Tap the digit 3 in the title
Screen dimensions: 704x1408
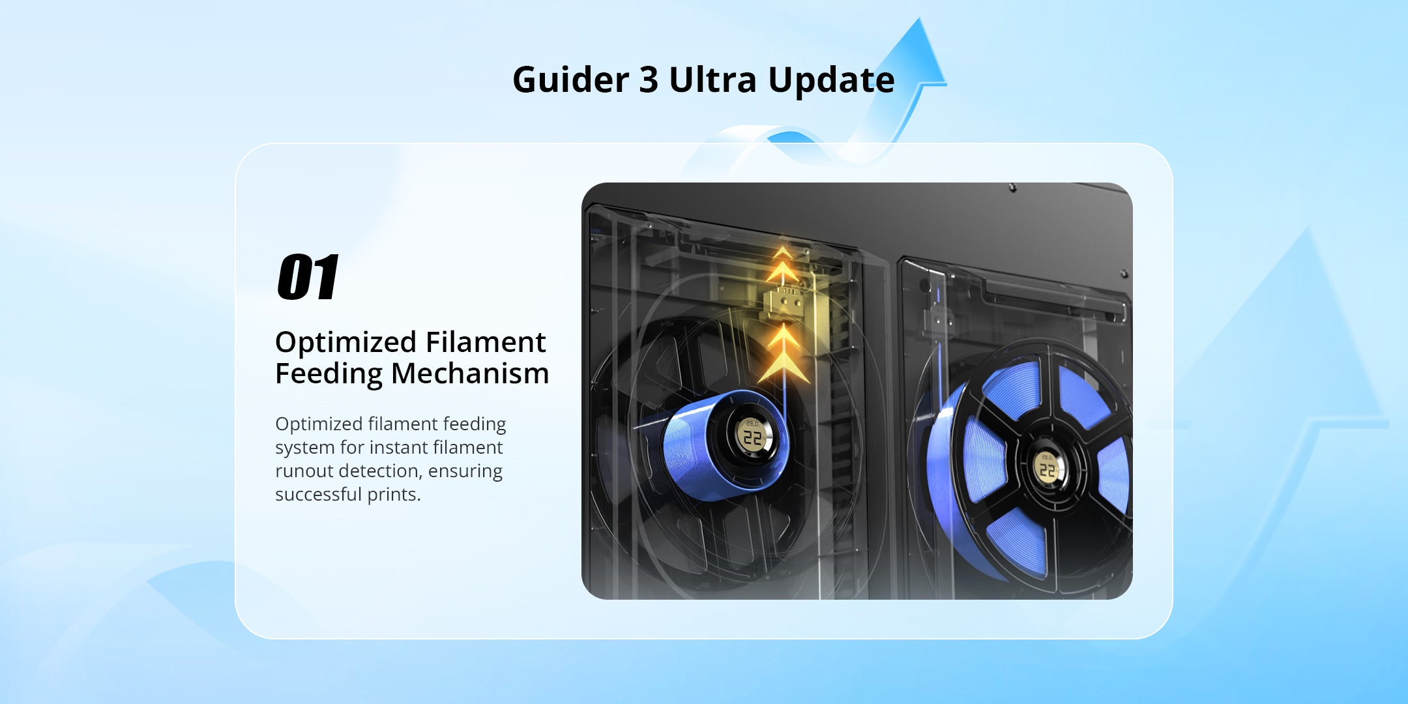[648, 80]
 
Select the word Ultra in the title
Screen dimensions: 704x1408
[712, 80]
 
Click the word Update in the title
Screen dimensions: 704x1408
[831, 80]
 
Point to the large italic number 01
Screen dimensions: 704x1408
[308, 277]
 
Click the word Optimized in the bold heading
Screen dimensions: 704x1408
[345, 343]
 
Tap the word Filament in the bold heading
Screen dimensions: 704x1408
[486, 343]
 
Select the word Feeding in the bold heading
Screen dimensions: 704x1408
[329, 374]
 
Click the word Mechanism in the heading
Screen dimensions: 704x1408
[470, 374]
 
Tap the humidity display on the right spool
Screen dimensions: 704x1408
[1047, 467]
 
